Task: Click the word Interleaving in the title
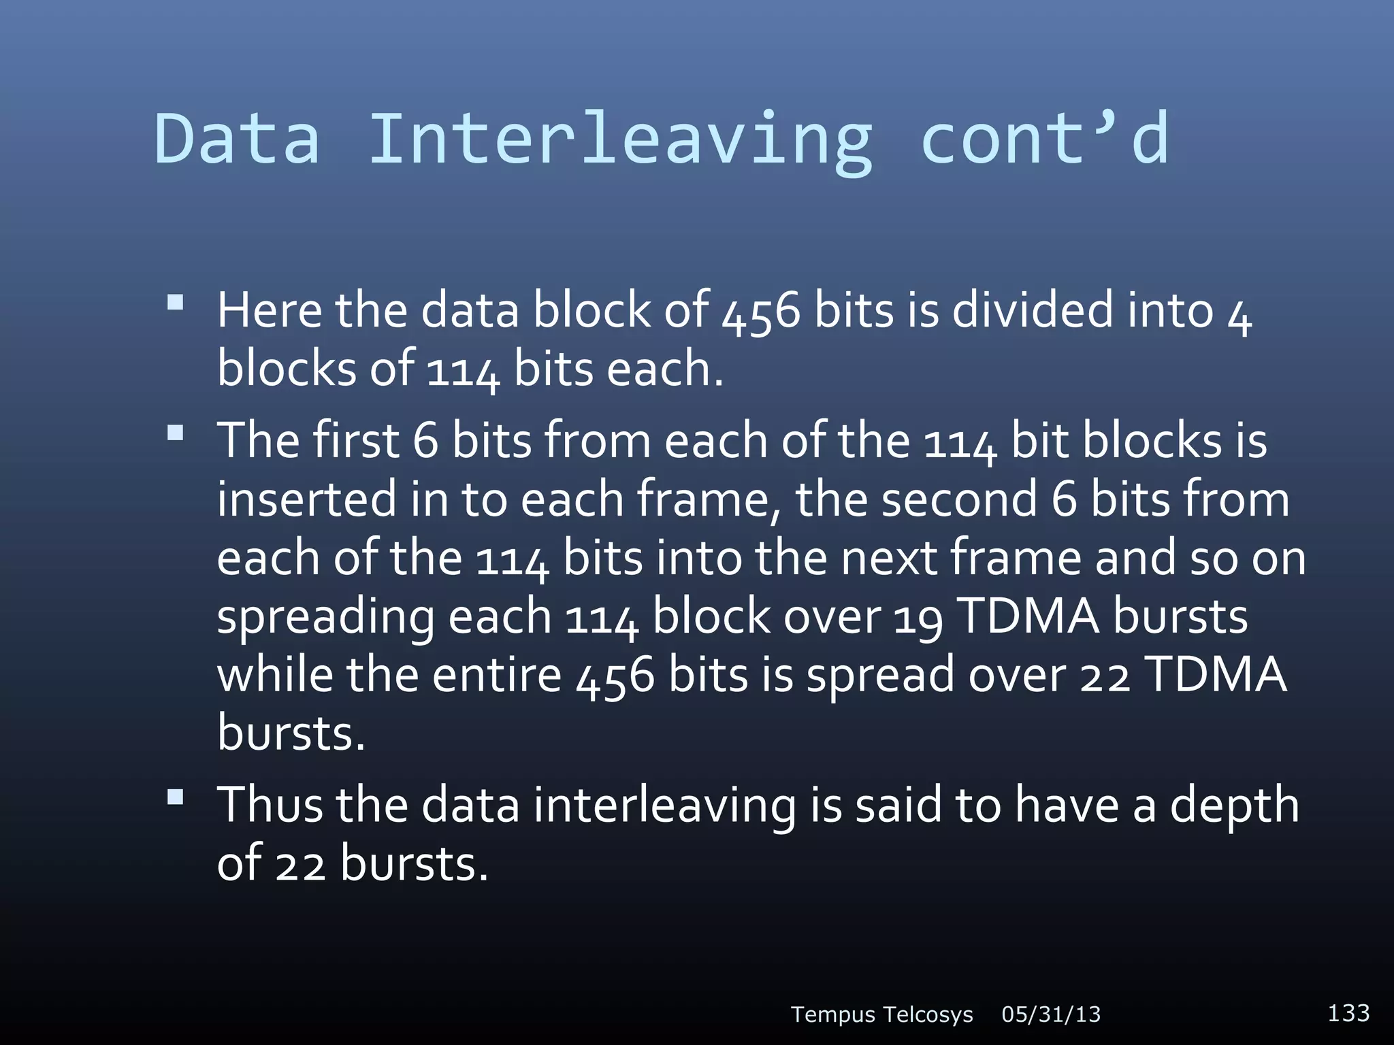(x=619, y=139)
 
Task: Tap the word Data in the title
(x=237, y=139)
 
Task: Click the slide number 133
(x=1348, y=1012)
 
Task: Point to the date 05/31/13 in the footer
(x=1051, y=1014)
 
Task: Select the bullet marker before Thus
(x=175, y=797)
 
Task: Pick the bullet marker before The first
(x=175, y=433)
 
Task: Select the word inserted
(x=306, y=499)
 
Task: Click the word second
(x=959, y=499)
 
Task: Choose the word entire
(x=497, y=675)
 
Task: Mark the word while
(x=275, y=675)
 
